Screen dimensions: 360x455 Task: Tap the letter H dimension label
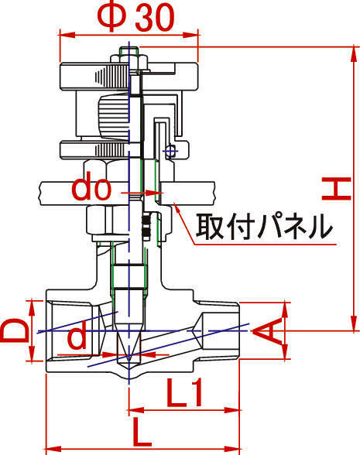click(x=337, y=189)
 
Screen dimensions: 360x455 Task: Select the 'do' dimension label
click(x=91, y=188)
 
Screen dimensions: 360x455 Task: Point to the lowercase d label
click(x=77, y=335)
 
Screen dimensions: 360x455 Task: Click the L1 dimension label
click(x=184, y=392)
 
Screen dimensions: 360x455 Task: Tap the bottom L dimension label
click(x=142, y=432)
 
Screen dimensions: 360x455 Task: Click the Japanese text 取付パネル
click(x=263, y=227)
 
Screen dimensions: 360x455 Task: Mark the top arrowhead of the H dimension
click(x=354, y=53)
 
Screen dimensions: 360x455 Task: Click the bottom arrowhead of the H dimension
click(x=354, y=323)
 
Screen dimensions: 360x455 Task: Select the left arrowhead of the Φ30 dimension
click(x=67, y=35)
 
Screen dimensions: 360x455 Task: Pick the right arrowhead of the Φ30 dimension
click(x=191, y=35)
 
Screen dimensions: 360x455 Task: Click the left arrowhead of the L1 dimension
click(x=136, y=410)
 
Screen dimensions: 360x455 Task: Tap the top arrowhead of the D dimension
click(x=32, y=309)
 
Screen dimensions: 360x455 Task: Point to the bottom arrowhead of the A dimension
click(x=286, y=351)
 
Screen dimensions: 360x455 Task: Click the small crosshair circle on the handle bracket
click(x=170, y=151)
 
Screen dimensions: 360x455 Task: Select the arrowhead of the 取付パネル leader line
click(x=178, y=206)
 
